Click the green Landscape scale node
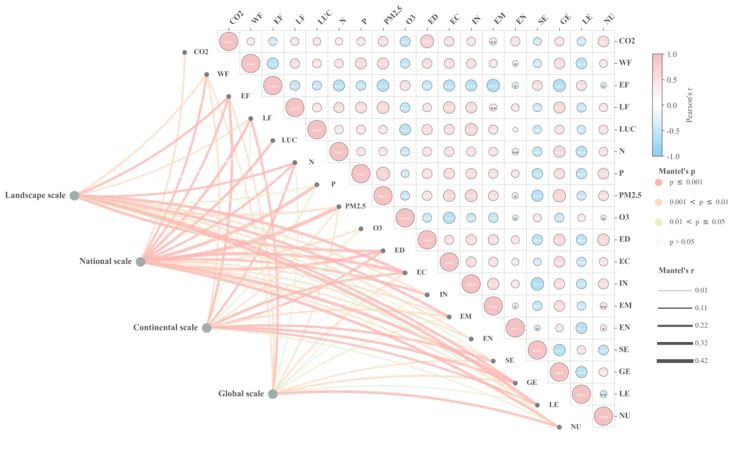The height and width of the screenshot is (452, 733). [x=75, y=195]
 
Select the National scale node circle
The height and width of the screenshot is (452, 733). [x=140, y=261]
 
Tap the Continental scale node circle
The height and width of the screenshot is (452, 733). [x=207, y=328]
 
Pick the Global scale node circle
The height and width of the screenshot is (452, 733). [x=273, y=394]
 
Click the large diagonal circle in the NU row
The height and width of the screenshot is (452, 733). [x=603, y=416]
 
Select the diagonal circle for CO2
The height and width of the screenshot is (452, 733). [x=229, y=41]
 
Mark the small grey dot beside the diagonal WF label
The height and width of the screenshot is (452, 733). [x=207, y=75]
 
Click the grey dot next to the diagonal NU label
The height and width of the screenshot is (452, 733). [x=559, y=427]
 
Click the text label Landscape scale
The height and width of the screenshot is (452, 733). [x=35, y=195]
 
